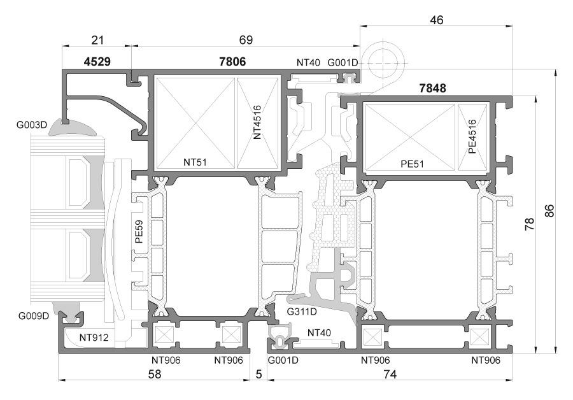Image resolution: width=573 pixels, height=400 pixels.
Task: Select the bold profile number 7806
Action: pyautogui.click(x=231, y=62)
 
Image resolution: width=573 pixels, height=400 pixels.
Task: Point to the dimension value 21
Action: pyautogui.click(x=97, y=39)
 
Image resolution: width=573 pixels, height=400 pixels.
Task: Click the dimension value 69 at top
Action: pyautogui.click(x=246, y=39)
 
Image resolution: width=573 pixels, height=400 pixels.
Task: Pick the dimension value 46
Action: pyautogui.click(x=436, y=20)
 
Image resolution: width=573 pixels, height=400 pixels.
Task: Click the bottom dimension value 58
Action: pyautogui.click(x=155, y=375)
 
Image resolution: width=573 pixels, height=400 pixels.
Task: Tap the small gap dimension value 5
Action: pyautogui.click(x=258, y=375)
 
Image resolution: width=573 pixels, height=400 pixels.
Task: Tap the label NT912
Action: pyautogui.click(x=94, y=337)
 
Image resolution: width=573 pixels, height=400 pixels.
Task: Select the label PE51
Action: pyautogui.click(x=413, y=164)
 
